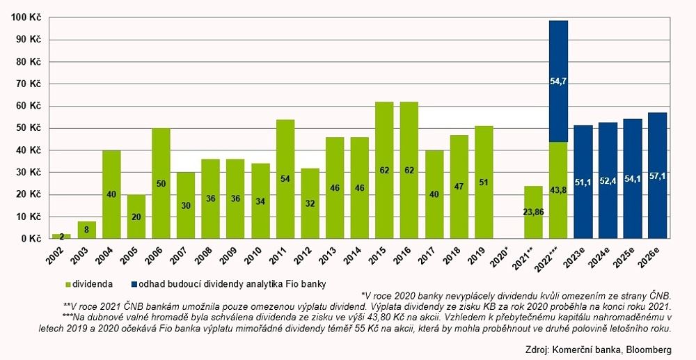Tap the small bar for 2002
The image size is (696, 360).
[61, 237]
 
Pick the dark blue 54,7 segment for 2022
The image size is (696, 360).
[558, 81]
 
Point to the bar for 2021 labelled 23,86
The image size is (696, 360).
[534, 212]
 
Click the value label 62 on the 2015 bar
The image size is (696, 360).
[384, 188]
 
